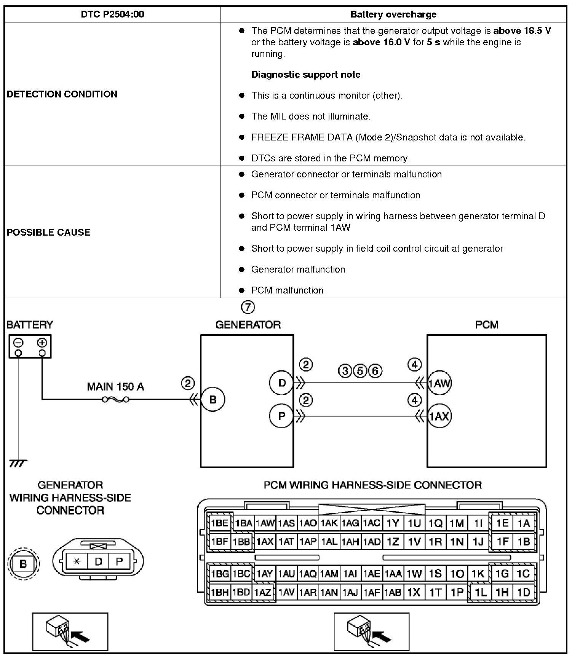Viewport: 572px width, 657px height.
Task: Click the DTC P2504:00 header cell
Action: pos(112,14)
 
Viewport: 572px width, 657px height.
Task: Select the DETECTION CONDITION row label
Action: pos(62,94)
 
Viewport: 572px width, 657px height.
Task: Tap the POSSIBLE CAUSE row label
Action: pos(49,232)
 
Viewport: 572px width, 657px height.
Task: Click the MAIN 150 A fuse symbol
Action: pos(115,399)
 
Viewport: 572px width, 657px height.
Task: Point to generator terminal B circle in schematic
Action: pos(213,399)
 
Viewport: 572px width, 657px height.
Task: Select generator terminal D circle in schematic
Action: pos(281,383)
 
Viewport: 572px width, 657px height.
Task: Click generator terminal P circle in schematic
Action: pos(281,416)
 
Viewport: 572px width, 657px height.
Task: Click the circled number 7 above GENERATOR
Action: pos(248,307)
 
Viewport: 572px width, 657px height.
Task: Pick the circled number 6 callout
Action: pos(375,370)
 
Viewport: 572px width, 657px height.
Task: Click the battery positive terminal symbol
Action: pos(42,343)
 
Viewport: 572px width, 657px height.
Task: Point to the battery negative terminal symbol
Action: pos(18,343)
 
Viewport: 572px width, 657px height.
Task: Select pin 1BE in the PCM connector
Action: pos(219,523)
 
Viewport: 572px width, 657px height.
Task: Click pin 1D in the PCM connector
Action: pos(524,592)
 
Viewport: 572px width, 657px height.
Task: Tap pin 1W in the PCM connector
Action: pos(414,574)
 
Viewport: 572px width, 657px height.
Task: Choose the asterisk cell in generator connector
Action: pos(77,561)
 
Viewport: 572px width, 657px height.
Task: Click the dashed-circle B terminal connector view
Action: pos(23,563)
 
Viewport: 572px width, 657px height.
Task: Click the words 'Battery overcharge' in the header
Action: pos(393,14)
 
